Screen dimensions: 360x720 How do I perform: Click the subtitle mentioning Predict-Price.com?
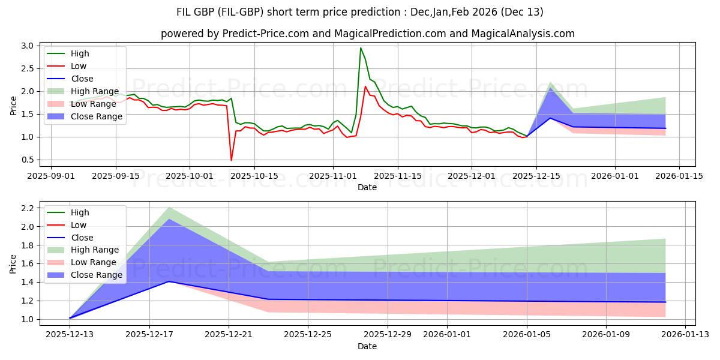pyautogui.click(x=367, y=34)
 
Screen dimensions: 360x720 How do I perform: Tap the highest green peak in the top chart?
pyautogui.click(x=361, y=48)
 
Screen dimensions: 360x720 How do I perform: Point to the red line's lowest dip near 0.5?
pyautogui.click(x=232, y=160)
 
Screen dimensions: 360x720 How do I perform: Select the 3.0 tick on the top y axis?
pyautogui.click(x=27, y=46)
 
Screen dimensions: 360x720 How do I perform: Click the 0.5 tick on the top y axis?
pyautogui.click(x=27, y=160)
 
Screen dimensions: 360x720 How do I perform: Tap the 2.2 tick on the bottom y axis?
pyautogui.click(x=27, y=208)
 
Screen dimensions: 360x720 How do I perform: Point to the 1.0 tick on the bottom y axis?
pyautogui.click(x=27, y=319)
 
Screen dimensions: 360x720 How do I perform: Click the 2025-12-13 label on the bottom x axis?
pyautogui.click(x=70, y=334)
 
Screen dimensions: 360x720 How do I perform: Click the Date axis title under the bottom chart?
pyautogui.click(x=367, y=346)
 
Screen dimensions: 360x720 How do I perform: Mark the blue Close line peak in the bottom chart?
pyautogui.click(x=169, y=281)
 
